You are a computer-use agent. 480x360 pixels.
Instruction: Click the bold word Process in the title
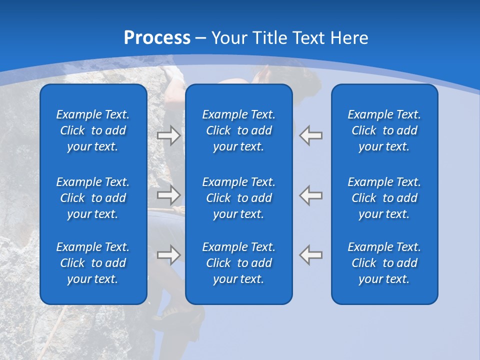coord(157,38)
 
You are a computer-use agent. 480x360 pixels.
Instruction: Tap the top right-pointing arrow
coord(168,135)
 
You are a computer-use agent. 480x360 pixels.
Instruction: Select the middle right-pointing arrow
coord(168,194)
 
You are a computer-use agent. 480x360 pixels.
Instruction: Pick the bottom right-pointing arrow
coord(168,255)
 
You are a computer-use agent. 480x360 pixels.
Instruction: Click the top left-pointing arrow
coord(310,135)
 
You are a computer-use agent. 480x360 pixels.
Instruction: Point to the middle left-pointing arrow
coord(310,194)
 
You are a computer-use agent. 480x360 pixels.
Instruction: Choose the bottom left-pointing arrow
coord(310,255)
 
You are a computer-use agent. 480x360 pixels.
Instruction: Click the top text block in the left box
coord(93,130)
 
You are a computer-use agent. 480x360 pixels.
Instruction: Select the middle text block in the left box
coord(93,198)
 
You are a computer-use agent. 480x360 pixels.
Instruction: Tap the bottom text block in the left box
coord(93,263)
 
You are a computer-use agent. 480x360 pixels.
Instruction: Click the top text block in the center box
coord(239,130)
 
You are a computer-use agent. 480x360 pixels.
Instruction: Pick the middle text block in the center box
coord(239,198)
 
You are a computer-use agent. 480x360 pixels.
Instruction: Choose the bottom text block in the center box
coord(239,263)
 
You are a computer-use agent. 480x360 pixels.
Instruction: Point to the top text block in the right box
coord(384,130)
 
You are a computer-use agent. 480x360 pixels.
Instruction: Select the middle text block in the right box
coord(384,198)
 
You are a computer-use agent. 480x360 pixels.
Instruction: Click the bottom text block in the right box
coord(384,263)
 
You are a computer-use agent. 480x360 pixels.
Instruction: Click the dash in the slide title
coord(201,38)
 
